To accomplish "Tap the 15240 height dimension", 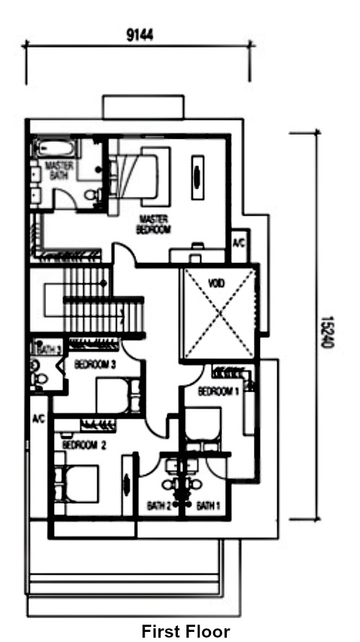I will [x=325, y=332].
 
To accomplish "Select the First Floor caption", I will [x=185, y=631].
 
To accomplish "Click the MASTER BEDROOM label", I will [x=153, y=224].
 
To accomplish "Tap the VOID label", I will [x=216, y=284].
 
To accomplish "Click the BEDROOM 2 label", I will [x=84, y=445].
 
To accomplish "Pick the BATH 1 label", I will [x=207, y=504].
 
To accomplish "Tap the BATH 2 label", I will [x=160, y=504].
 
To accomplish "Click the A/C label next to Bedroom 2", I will [x=38, y=419].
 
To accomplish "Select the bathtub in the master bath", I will [x=55, y=149].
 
